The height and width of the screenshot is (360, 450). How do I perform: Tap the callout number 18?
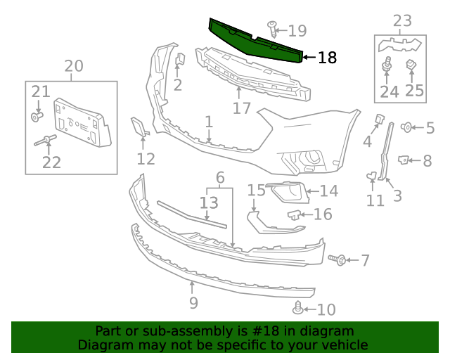coord(327,58)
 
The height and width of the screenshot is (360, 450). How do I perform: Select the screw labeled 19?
coord(273,29)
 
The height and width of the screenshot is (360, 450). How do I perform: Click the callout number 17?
coord(241,108)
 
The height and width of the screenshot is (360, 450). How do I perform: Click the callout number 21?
coord(41,91)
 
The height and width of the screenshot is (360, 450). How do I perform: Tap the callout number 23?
coord(401,21)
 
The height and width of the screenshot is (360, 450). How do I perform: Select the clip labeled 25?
coord(413,66)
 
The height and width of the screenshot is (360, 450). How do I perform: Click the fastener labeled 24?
coord(386,67)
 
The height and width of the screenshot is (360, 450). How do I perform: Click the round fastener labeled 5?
coord(406,127)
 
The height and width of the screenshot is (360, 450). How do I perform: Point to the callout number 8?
coord(427,161)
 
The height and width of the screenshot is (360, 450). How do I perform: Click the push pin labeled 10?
coord(299,307)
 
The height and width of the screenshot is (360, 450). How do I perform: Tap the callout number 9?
coord(193,303)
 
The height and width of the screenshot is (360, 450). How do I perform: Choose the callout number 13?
coord(209,203)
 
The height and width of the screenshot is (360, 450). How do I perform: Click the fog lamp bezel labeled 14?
coord(287,191)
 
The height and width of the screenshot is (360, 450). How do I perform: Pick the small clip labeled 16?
coord(295,214)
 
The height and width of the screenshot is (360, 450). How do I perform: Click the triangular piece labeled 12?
coord(139,127)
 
